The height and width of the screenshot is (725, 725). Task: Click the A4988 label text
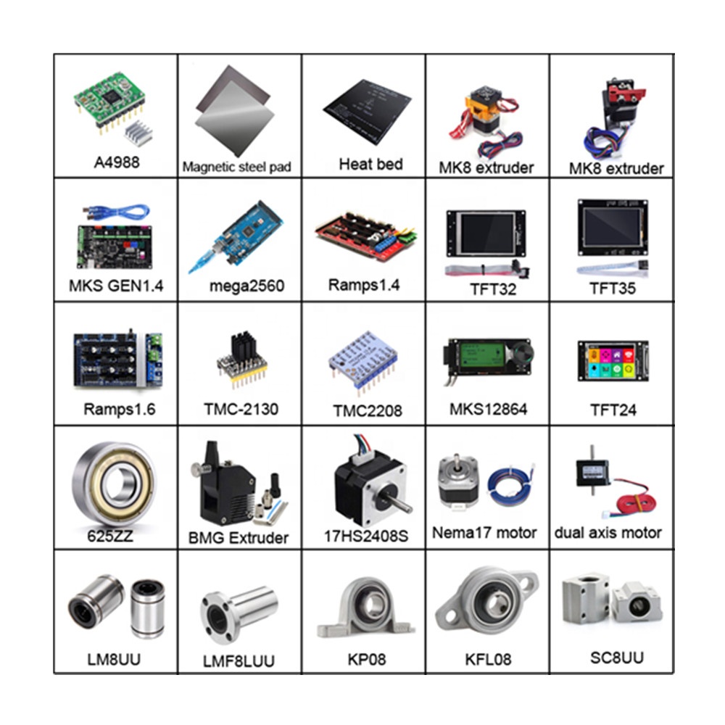click(x=116, y=162)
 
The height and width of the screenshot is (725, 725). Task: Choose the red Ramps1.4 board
click(x=362, y=236)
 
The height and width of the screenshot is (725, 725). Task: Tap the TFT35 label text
click(x=612, y=288)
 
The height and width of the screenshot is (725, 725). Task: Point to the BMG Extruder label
click(x=238, y=537)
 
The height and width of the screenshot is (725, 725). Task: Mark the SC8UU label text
click(x=610, y=658)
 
